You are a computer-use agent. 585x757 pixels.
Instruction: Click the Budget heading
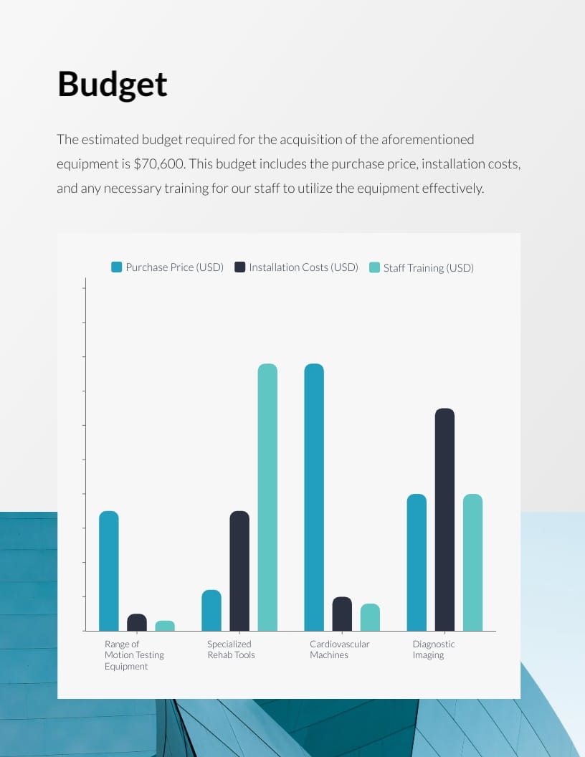[x=112, y=85]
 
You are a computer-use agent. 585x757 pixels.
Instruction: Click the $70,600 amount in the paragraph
[x=159, y=164]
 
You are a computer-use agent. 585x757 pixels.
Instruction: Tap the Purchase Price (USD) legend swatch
[x=117, y=267]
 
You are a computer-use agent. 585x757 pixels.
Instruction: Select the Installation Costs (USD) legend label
[x=303, y=267]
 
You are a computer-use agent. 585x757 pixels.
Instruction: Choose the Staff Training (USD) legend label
[x=428, y=268]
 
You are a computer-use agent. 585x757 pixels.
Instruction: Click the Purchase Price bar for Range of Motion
[x=109, y=571]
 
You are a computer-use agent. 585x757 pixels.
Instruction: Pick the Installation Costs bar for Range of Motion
[x=137, y=622]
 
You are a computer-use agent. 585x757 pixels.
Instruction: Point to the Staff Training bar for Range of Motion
[x=165, y=626]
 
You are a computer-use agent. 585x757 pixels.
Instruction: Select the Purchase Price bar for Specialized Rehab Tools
[x=211, y=610]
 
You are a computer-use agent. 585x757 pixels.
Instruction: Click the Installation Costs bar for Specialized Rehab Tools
[x=239, y=571]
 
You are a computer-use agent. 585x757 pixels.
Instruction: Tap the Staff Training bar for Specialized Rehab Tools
[x=267, y=497]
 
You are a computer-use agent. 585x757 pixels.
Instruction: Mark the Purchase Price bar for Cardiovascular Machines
[x=314, y=497]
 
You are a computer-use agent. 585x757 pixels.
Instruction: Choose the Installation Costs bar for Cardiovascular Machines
[x=342, y=614]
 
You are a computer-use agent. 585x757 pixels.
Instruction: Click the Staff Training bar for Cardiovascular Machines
[x=370, y=617]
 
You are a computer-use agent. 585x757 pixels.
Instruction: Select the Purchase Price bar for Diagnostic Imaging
[x=417, y=562]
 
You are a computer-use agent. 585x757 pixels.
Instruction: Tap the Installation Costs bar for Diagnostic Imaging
[x=444, y=519]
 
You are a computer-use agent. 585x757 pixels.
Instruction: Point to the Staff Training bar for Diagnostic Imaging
[x=472, y=562]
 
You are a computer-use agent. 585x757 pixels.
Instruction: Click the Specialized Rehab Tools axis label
[x=231, y=649]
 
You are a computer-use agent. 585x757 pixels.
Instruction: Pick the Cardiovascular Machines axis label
[x=339, y=649]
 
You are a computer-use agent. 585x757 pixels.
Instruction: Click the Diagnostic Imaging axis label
[x=433, y=649]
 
